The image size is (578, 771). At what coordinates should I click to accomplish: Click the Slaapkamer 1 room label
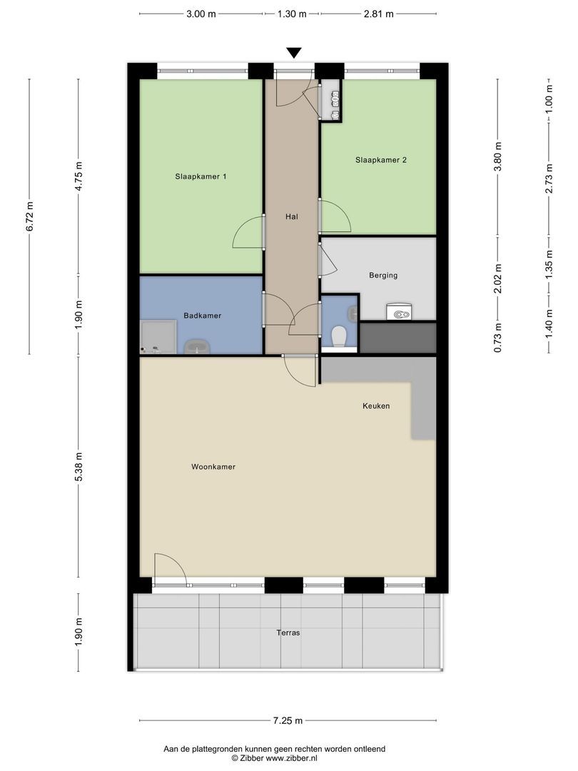[x=201, y=176]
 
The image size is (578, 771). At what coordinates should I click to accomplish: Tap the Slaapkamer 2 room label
[x=380, y=161]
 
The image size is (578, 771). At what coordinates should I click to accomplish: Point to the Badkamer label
[x=202, y=316]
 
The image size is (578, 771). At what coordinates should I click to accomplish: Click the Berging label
[x=383, y=275]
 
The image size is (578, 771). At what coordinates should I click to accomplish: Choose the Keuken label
[x=376, y=405]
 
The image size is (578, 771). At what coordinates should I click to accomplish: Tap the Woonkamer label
[x=213, y=467]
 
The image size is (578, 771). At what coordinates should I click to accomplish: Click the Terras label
[x=289, y=633]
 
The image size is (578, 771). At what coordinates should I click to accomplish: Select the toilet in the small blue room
[x=339, y=336]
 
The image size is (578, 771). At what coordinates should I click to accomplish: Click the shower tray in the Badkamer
[x=158, y=336]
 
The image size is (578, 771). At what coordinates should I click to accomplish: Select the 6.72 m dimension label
[x=30, y=216]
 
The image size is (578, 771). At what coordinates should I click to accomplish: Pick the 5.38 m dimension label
[x=78, y=466]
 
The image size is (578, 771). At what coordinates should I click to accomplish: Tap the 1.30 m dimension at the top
[x=291, y=14]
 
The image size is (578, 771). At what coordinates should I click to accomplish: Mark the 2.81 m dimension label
[x=378, y=14]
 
